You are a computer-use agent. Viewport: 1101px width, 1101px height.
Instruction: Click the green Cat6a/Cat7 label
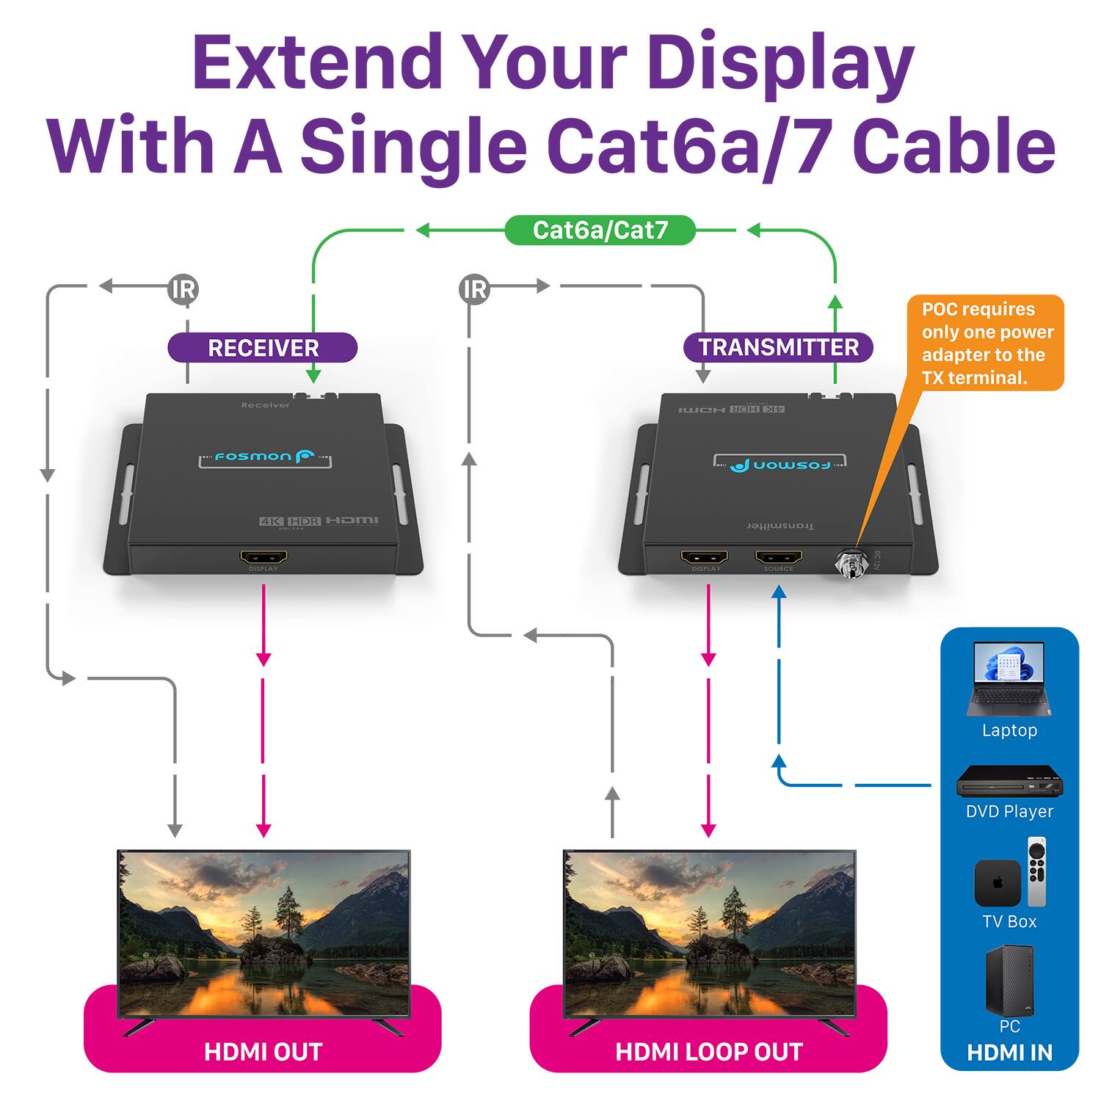[x=600, y=230]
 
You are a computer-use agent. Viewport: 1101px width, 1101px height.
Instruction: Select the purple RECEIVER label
[x=263, y=347]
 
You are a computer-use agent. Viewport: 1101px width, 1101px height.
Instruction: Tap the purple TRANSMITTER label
[x=778, y=347]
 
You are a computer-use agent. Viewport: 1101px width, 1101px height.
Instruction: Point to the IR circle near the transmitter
[x=475, y=289]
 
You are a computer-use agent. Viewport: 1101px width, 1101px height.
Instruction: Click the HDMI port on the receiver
[x=263, y=558]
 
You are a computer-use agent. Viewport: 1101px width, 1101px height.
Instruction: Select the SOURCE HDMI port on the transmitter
[x=778, y=558]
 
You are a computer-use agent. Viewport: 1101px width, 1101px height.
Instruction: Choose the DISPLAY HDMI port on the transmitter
[x=705, y=558]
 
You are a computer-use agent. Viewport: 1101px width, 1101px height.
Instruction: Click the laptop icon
[x=1009, y=679]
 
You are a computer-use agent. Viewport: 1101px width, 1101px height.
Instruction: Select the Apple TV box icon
[x=997, y=883]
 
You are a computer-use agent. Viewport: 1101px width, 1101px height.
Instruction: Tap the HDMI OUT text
[x=263, y=1052]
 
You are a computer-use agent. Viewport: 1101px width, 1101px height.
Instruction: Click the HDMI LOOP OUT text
[x=708, y=1052]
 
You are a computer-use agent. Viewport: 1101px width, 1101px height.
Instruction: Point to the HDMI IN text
[x=1009, y=1053]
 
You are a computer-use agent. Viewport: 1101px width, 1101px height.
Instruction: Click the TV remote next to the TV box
[x=1036, y=872]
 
